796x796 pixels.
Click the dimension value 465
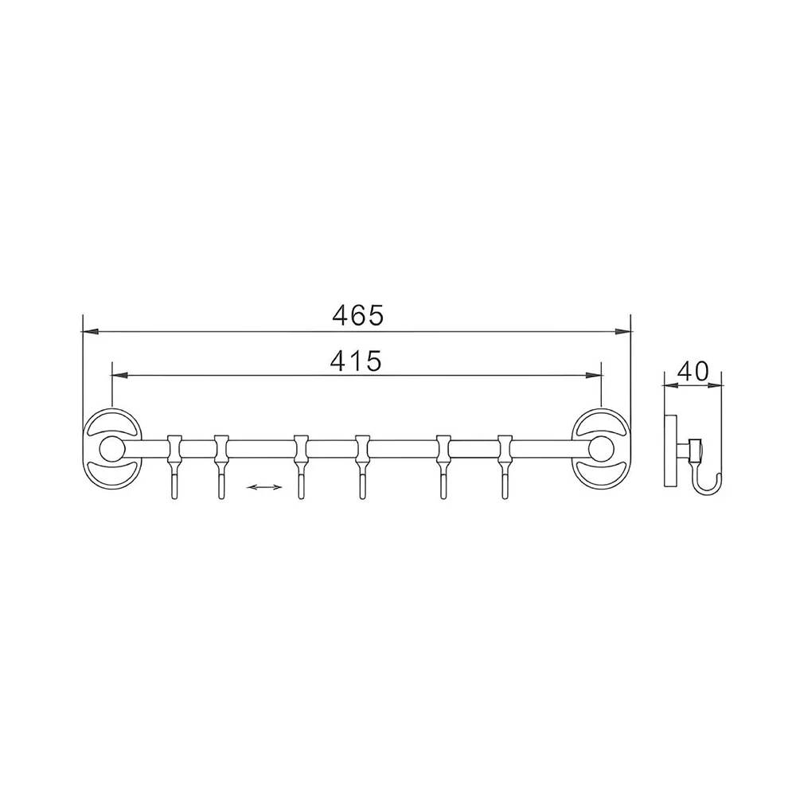pyautogui.click(x=357, y=316)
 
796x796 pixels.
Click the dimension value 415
pyautogui.click(x=355, y=361)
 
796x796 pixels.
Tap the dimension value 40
pyautogui.click(x=693, y=371)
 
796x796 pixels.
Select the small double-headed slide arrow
pyautogui.click(x=264, y=487)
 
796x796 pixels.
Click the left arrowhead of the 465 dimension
pyautogui.click(x=90, y=332)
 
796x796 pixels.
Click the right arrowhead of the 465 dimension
pyautogui.click(x=622, y=332)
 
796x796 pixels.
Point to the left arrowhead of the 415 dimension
pyautogui.click(x=119, y=376)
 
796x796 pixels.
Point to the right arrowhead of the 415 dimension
pyautogui.click(x=594, y=376)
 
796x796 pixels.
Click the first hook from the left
pyautogui.click(x=174, y=467)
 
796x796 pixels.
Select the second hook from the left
pyautogui.click(x=220, y=467)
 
